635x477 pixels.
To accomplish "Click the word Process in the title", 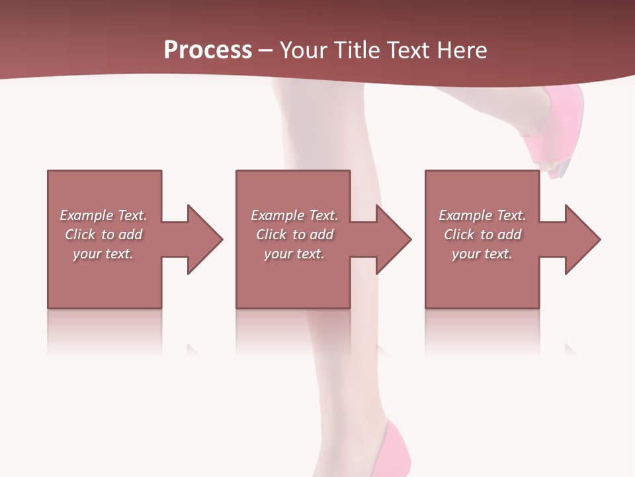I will pyautogui.click(x=208, y=50).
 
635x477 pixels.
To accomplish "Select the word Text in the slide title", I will pyautogui.click(x=409, y=50).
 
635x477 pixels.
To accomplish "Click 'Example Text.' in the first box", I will pyautogui.click(x=103, y=215).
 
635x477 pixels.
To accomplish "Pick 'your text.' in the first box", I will pyautogui.click(x=103, y=254).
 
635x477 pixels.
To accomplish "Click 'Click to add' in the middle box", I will pyautogui.click(x=294, y=235).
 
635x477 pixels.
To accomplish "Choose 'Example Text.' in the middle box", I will pyautogui.click(x=294, y=215).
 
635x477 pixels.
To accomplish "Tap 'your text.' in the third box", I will pyautogui.click(x=482, y=254).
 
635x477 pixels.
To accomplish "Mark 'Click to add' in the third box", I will pyautogui.click(x=483, y=235).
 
